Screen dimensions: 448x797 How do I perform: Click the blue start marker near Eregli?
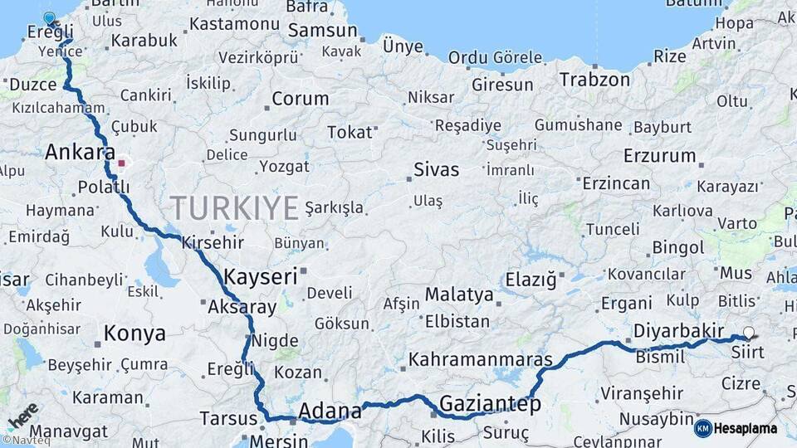[49, 18]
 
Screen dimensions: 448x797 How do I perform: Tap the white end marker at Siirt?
[749, 333]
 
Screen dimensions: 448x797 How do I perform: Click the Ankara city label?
[80, 153]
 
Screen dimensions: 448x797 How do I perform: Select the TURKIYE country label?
[233, 207]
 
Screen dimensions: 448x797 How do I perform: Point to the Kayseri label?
[260, 276]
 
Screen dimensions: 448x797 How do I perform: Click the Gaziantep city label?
[490, 404]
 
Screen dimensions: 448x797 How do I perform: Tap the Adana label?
[330, 411]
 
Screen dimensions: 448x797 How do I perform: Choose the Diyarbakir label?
[680, 331]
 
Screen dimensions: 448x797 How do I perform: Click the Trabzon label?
[594, 80]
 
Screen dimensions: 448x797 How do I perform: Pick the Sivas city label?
[437, 170]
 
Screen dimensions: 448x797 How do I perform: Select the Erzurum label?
[660, 155]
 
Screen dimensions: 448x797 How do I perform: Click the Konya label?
[134, 334]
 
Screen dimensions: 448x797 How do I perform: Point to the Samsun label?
[324, 31]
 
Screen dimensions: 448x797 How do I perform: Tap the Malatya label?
[459, 295]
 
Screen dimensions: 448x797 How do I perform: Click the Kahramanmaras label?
[481, 361]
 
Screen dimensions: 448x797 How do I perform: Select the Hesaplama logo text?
[746, 429]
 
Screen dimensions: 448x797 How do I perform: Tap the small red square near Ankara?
[121, 163]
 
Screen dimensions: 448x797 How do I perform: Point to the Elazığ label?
[531, 280]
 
